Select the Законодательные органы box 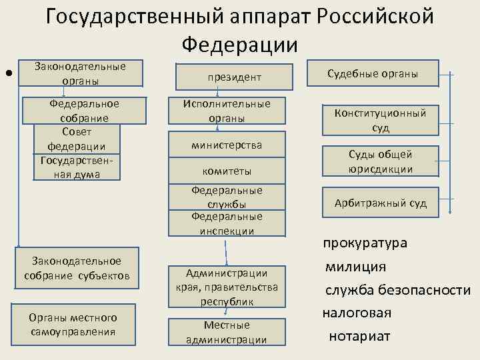(80, 73)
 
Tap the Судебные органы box (373, 74)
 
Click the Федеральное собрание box (85, 110)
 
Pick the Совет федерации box (76, 138)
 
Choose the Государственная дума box (76, 167)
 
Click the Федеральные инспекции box (227, 223)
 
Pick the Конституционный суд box (381, 120)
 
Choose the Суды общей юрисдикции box (381, 161)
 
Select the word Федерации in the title (239, 45)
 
